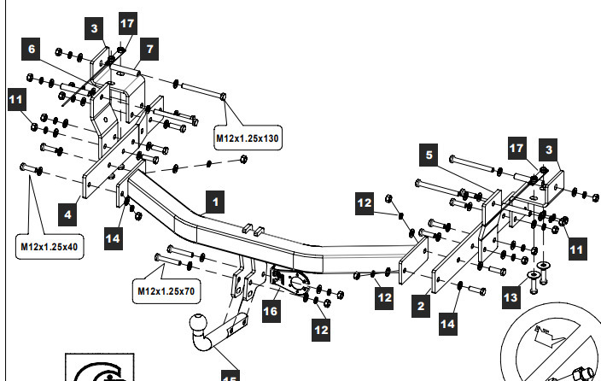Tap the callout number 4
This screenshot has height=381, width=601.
[x=65, y=209]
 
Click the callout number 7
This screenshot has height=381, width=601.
[x=149, y=49]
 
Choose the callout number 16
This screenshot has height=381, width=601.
[x=271, y=312]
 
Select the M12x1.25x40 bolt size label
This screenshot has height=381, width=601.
[x=49, y=248]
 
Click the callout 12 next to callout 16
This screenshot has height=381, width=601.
[x=322, y=326]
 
